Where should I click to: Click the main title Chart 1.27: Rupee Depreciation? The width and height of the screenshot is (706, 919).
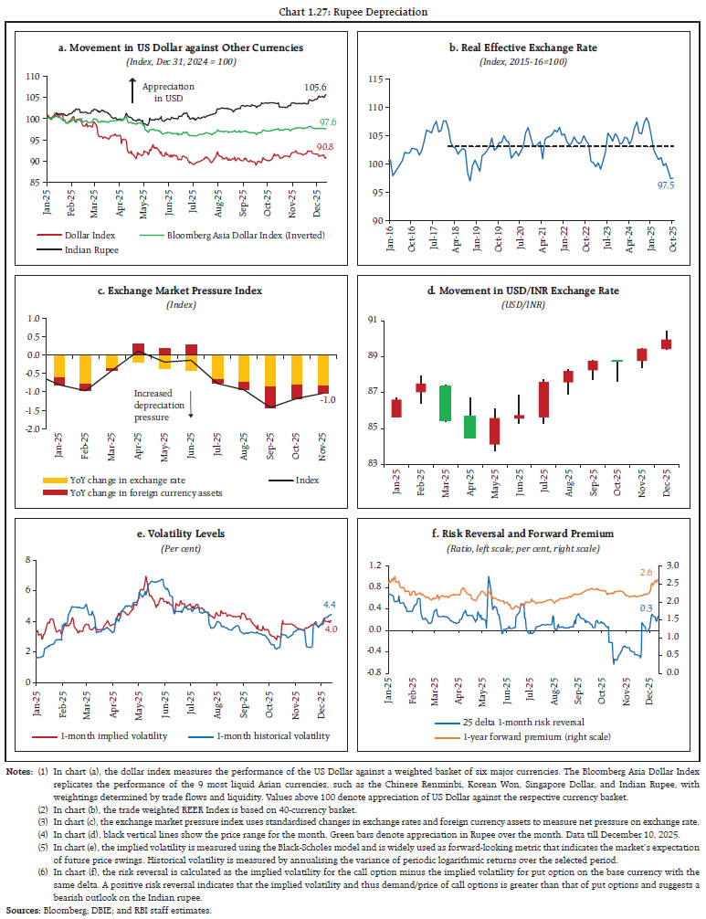pyautogui.click(x=353, y=12)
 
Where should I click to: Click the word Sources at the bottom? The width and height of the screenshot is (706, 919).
pyautogui.click(x=22, y=910)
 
